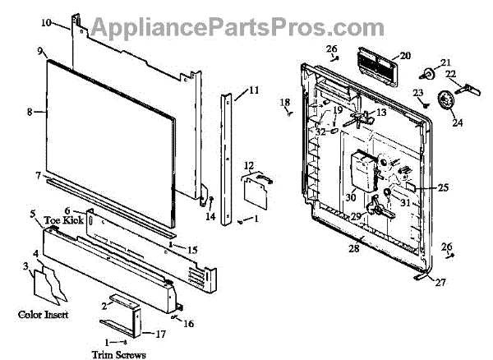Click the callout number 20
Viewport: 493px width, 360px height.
click(404, 56)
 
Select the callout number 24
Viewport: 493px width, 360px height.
click(457, 123)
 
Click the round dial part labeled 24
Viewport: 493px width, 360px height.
click(448, 101)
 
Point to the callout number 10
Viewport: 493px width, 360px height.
click(68, 22)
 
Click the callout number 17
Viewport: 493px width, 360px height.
click(160, 334)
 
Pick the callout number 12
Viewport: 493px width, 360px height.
click(248, 166)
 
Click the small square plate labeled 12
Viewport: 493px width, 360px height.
click(251, 189)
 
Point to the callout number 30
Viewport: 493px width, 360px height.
click(350, 197)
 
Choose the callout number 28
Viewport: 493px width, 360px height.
click(354, 248)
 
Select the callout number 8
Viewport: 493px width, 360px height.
click(30, 112)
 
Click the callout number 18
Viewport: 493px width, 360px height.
click(285, 103)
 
